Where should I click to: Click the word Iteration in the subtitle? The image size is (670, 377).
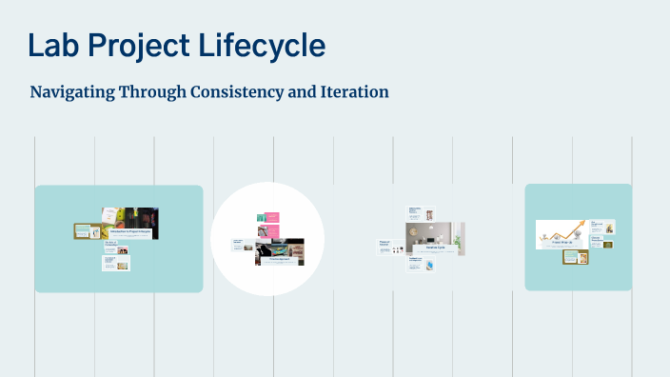coord(353,92)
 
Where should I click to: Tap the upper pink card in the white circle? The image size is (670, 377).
coord(270,217)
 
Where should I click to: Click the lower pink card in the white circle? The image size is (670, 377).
coord(270,230)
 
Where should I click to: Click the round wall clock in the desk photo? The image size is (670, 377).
coord(415,230)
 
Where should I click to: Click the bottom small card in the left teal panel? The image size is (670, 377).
coord(116,263)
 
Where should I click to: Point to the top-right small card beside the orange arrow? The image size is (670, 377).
coord(601,227)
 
